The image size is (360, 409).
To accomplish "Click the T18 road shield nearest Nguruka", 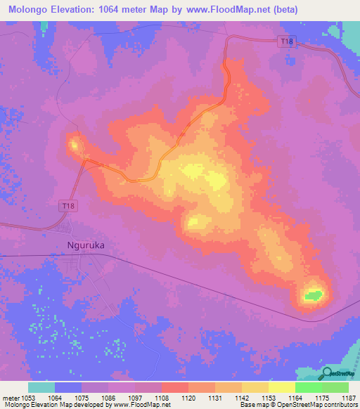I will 65,205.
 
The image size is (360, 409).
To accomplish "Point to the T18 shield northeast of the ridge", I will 286,42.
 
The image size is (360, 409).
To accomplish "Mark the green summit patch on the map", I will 314,294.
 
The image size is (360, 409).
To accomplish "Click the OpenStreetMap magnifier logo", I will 328,374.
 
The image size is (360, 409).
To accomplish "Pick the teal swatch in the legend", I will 41,387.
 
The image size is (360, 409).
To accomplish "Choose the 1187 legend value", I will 348,397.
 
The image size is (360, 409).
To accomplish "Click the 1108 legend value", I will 160,397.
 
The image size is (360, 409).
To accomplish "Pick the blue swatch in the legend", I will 67,387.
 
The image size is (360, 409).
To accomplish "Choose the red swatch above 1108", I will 174,387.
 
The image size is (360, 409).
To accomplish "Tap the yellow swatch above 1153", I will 281,387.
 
